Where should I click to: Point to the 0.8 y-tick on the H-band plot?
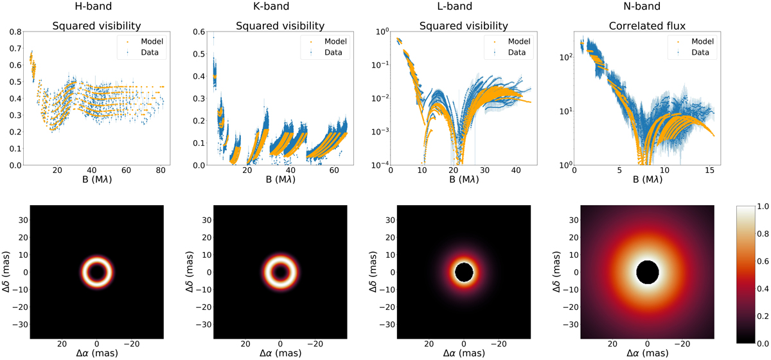point(17,31)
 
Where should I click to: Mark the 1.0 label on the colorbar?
point(759,207)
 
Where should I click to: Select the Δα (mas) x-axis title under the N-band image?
point(647,354)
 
